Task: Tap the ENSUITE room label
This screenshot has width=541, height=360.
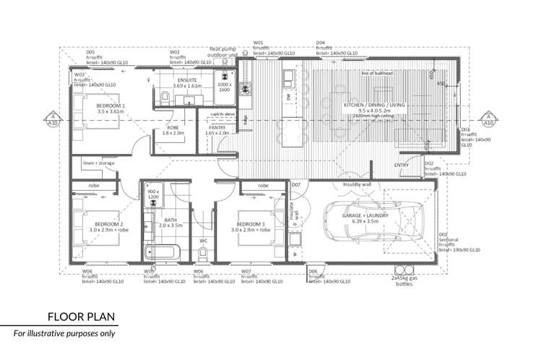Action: click(185, 81)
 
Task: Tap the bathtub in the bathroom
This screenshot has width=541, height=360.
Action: click(161, 253)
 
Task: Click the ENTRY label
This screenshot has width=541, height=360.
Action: click(402, 166)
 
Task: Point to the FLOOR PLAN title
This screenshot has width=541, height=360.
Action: click(79, 317)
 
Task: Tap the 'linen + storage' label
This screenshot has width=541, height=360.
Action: click(99, 164)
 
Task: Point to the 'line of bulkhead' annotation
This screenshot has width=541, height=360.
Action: click(377, 73)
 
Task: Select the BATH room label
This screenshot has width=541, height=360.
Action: click(170, 221)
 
